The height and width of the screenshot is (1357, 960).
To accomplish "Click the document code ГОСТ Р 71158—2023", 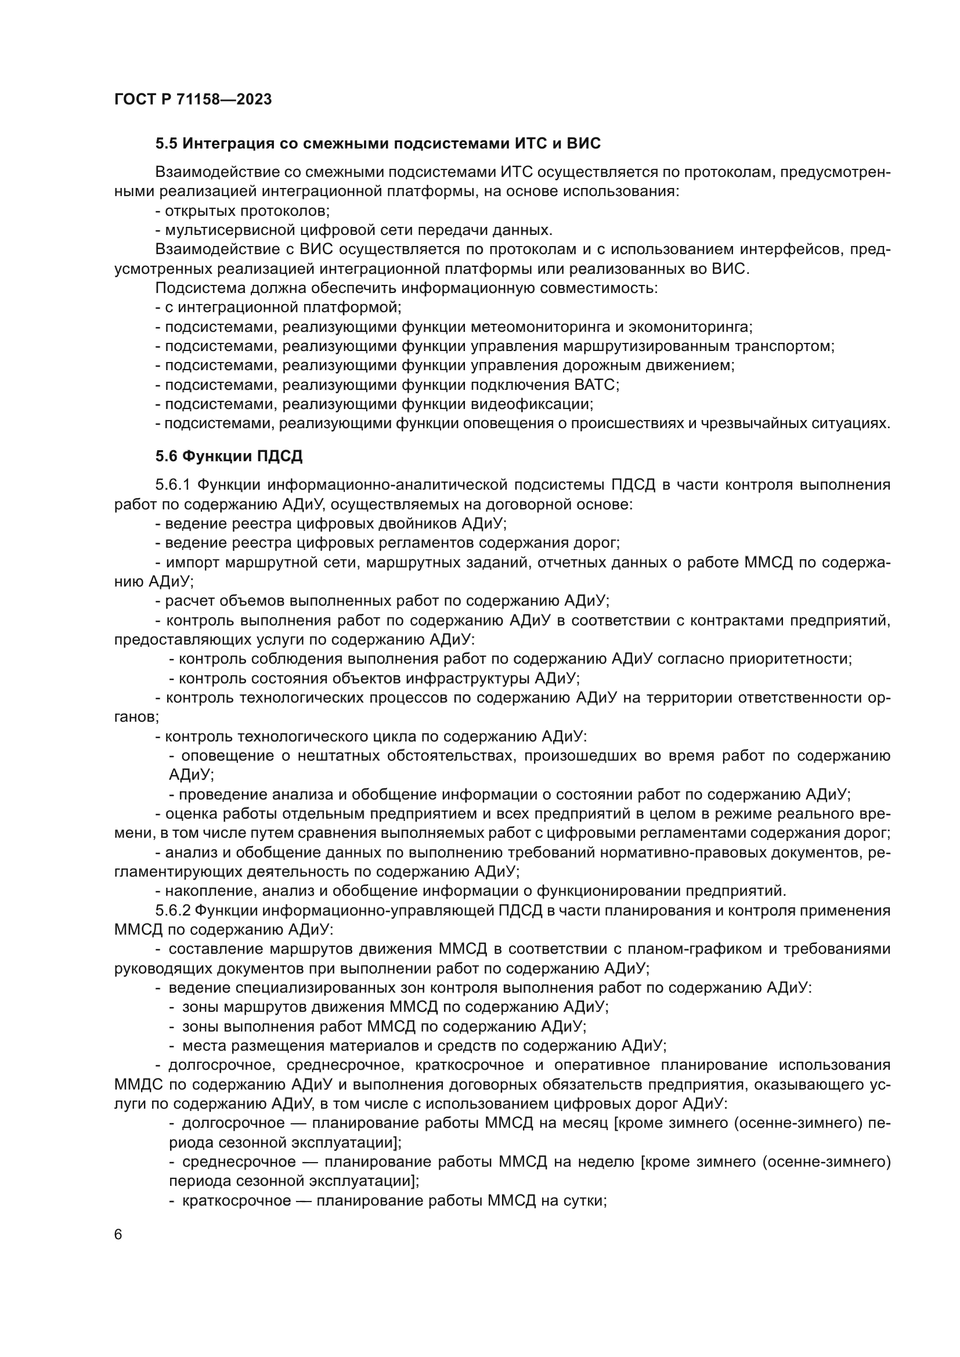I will tap(193, 99).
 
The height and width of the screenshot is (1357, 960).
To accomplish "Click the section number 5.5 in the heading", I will tap(166, 144).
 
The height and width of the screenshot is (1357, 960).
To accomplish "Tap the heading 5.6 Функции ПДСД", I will tap(229, 455).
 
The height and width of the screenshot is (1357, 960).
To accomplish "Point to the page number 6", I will tap(118, 1235).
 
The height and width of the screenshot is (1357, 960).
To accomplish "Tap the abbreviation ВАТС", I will tap(596, 385).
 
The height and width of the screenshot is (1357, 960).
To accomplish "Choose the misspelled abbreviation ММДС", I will tap(138, 1084).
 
